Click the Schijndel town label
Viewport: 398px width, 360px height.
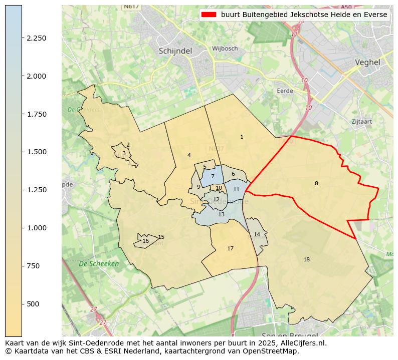(x=175, y=51)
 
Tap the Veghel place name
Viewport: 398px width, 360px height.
(x=367, y=63)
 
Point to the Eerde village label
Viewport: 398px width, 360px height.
(x=285, y=91)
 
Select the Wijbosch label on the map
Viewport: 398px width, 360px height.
(x=225, y=49)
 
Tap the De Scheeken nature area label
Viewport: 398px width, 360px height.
(x=99, y=263)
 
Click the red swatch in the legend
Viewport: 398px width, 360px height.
(x=209, y=15)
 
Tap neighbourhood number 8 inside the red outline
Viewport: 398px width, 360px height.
(x=316, y=183)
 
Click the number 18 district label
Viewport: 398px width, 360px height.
(x=306, y=259)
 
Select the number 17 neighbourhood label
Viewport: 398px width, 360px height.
(x=230, y=248)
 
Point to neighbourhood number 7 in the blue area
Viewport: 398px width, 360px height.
(x=213, y=176)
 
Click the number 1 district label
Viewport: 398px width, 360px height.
(x=242, y=137)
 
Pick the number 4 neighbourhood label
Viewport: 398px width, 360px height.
(x=189, y=155)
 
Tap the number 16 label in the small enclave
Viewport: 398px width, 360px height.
(x=145, y=241)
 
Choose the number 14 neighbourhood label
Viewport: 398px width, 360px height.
(x=257, y=234)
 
